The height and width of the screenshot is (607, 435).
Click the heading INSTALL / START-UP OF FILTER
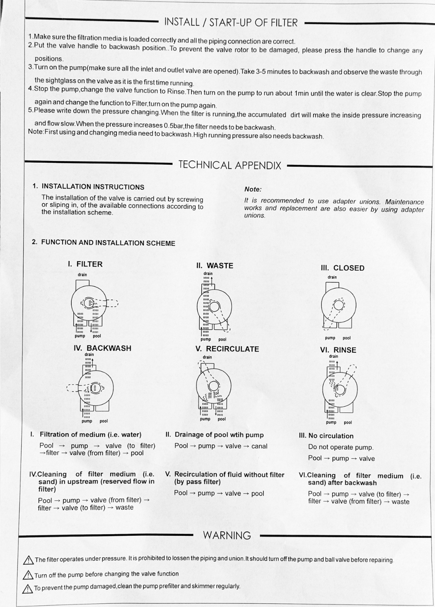[x=231, y=22]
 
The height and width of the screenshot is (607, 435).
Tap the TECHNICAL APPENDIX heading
[x=230, y=165]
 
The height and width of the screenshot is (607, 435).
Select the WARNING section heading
[x=227, y=535]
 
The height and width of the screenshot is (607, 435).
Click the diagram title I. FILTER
[x=85, y=264]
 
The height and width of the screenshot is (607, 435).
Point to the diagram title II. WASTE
[x=215, y=266]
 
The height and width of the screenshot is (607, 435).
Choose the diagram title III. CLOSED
[x=343, y=268]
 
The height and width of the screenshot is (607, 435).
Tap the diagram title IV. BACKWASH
[x=102, y=348]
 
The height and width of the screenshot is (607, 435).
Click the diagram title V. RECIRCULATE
[x=227, y=349]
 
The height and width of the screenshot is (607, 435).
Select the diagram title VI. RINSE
[x=338, y=350]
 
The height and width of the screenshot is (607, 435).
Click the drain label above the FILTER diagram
[x=82, y=275]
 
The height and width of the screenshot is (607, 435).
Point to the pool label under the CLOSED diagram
[x=347, y=338]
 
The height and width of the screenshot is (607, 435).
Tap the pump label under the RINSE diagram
[x=331, y=422]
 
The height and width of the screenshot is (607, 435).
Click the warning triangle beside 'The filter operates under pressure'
[x=28, y=560]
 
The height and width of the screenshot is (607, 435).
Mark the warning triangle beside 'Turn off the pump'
[x=28, y=575]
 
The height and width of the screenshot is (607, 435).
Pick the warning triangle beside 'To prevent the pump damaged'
[x=27, y=588]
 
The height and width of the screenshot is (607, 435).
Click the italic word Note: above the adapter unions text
[x=253, y=189]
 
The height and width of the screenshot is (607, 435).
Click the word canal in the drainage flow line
[x=259, y=446]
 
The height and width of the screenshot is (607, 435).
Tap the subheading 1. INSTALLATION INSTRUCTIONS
[x=89, y=187]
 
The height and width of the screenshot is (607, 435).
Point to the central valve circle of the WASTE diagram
[x=214, y=307]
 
